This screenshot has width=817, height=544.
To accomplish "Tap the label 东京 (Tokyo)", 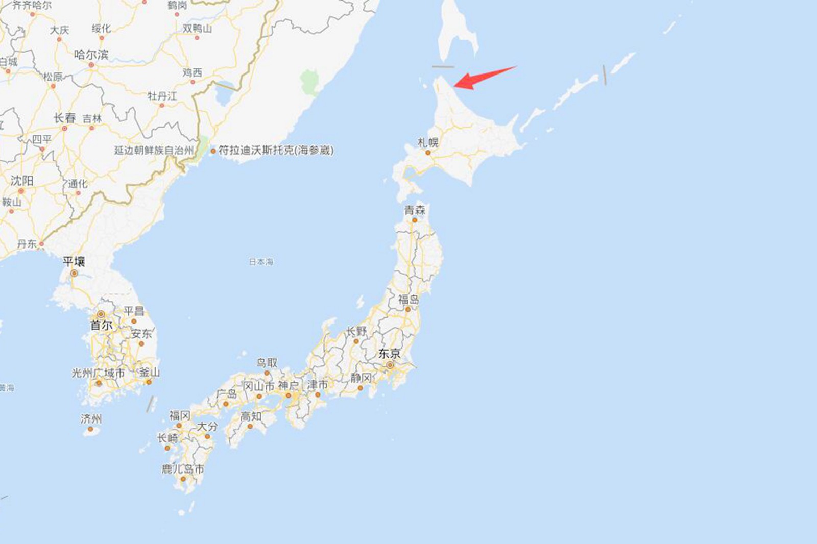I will (389, 353).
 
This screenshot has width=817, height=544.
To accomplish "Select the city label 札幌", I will (428, 142).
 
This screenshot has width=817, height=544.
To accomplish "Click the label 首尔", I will (101, 325).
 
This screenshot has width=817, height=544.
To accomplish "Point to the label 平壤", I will (74, 262).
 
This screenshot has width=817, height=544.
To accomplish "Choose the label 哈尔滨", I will (91, 55).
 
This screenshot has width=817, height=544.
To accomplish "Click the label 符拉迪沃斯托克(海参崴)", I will (276, 150).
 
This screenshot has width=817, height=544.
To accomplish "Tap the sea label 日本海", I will (261, 262).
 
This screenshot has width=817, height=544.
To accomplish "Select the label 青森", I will (415, 210).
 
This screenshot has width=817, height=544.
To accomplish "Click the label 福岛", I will (408, 299).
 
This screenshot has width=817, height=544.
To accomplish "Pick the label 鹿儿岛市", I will (183, 469).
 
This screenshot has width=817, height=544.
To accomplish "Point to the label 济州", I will (91, 419).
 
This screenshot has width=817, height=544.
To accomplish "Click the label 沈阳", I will (22, 181).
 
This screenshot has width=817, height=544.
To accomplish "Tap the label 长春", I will (65, 118).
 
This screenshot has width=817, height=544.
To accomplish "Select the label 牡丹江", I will (162, 96).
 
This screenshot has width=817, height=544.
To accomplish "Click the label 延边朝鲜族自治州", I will (154, 150).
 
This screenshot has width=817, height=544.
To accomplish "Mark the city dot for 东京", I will (390, 365).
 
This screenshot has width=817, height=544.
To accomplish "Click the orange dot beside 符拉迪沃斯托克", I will (213, 151).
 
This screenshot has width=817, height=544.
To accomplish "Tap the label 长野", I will (356, 331).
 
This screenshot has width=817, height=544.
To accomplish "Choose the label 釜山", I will (149, 373).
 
